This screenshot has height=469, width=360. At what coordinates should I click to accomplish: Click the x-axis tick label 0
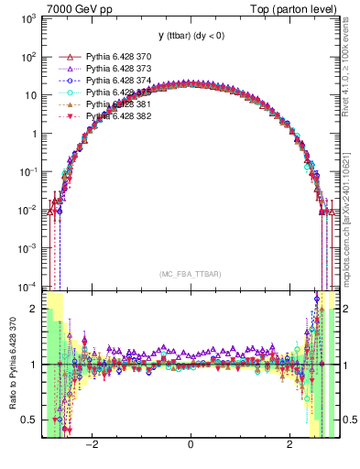click(x=190, y=445)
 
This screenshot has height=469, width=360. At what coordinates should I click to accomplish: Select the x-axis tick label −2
click(x=92, y=445)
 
